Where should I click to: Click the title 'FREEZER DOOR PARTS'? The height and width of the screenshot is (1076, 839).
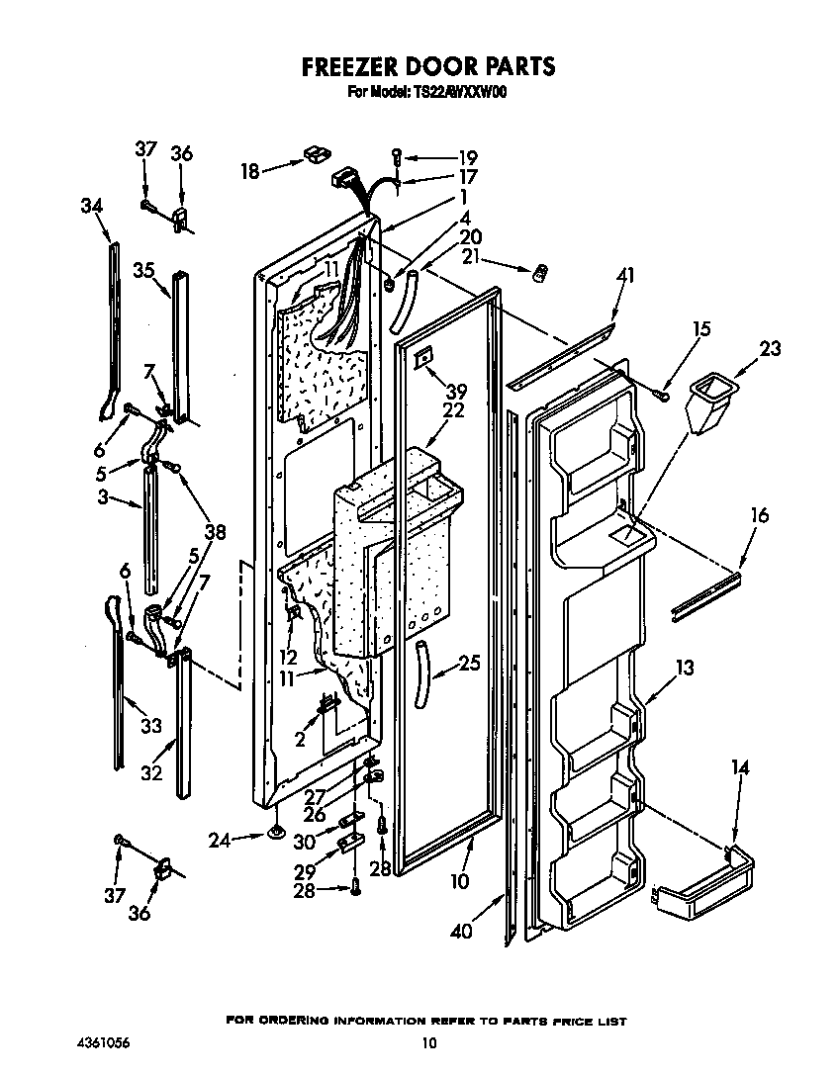coord(427,66)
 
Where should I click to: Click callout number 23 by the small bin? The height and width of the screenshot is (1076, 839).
coord(770,348)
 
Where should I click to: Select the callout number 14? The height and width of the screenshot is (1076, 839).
coord(740,766)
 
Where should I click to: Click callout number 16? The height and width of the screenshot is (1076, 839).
coord(759,515)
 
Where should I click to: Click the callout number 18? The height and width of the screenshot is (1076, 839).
coord(249,171)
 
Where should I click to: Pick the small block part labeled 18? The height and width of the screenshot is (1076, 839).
coord(314,153)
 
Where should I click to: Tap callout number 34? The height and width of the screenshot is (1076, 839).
coord(91,206)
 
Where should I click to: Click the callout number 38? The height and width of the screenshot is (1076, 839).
coord(214,531)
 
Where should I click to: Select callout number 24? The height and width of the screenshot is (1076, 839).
coord(220,842)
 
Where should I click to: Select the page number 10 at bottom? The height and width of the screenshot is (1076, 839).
coord(427,1042)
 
